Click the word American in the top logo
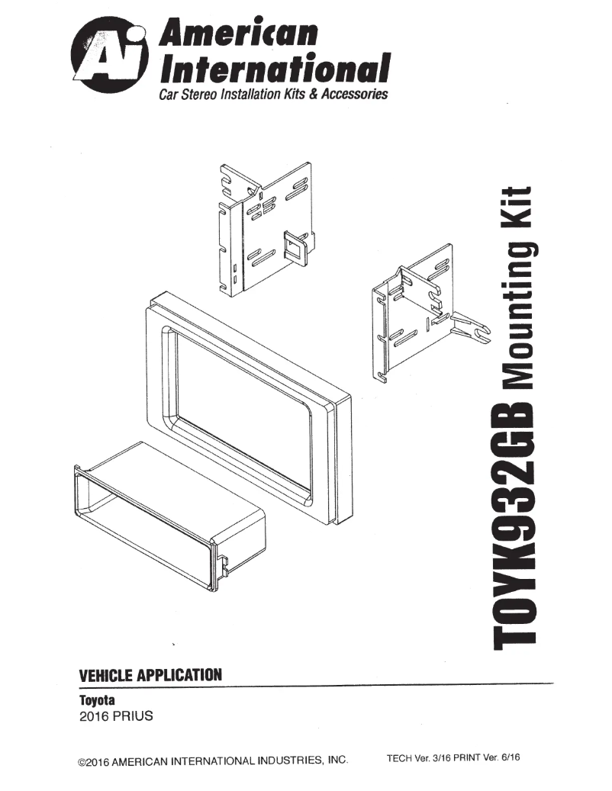[x=237, y=32]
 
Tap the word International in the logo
[x=272, y=69]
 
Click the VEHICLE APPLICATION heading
[x=150, y=675]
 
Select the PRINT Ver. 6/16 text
[x=492, y=760]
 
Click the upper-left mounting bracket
[x=263, y=229]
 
